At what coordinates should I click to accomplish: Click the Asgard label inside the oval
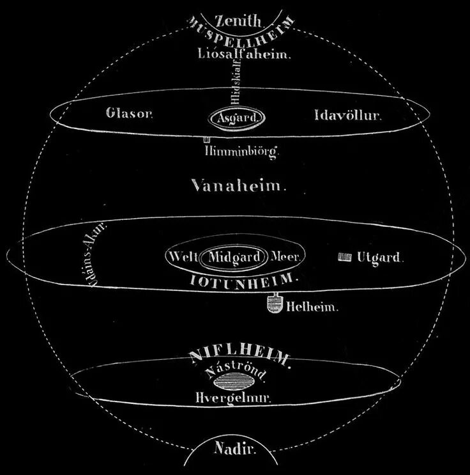(x=236, y=118)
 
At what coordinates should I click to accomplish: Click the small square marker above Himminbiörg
(x=207, y=139)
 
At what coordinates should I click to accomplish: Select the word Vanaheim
(x=239, y=186)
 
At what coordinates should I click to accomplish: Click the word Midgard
(x=234, y=257)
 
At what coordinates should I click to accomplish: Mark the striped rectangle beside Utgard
(x=344, y=257)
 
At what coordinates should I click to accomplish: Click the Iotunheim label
(x=245, y=279)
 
